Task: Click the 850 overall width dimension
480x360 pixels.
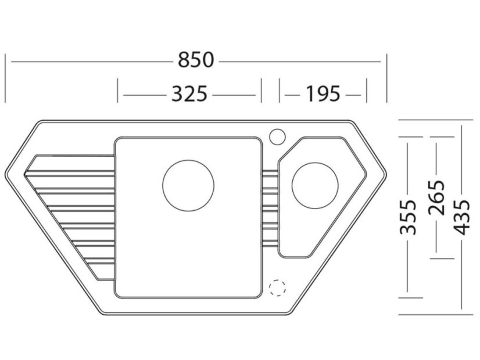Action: click(196, 60)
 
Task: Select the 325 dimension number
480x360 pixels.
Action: click(189, 93)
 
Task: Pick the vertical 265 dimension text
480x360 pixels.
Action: click(436, 197)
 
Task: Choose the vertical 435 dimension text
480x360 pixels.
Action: click(462, 217)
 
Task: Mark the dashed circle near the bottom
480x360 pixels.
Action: click(278, 287)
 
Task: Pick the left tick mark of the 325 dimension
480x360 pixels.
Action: click(118, 90)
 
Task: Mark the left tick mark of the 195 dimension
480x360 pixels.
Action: click(280, 90)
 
